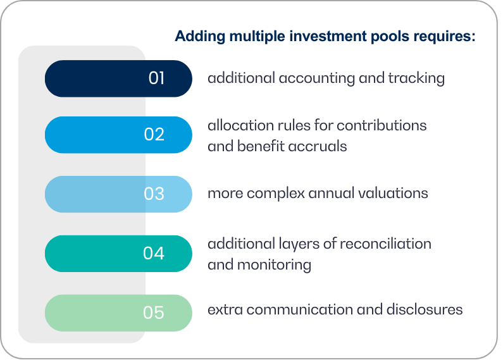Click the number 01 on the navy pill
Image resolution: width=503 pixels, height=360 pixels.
coord(156,78)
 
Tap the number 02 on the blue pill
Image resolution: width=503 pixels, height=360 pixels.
coord(154,135)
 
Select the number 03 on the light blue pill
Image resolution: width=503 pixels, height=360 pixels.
coord(154,194)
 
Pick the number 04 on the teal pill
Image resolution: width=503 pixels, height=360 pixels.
coord(154,253)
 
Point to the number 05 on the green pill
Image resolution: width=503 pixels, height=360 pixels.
coord(154,313)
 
